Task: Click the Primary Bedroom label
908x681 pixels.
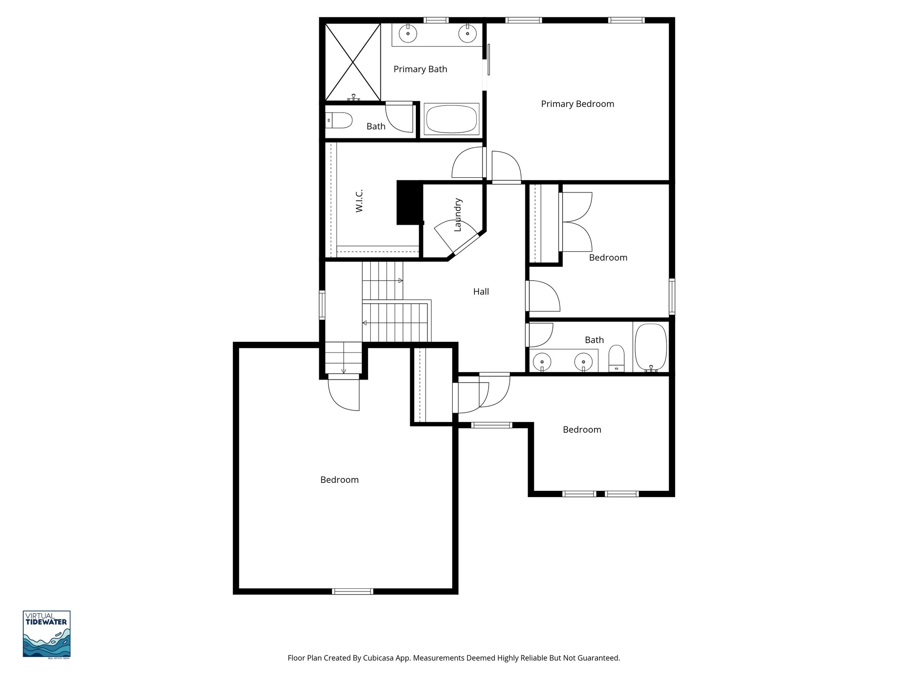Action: (577, 104)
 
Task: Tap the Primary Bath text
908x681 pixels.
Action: (420, 69)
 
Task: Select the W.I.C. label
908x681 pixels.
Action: (359, 200)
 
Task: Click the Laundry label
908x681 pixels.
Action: (458, 215)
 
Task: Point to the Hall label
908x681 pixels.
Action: (481, 292)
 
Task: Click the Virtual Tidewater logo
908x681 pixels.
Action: (47, 634)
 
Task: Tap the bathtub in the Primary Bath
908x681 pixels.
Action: (451, 119)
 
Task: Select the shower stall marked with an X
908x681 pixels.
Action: (353, 62)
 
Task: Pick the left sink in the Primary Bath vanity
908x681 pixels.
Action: (408, 33)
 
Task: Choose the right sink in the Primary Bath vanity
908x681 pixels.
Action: (467, 33)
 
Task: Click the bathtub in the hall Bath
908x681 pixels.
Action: (650, 347)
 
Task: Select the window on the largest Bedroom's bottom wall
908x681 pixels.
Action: (352, 591)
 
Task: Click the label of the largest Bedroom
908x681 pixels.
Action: (339, 480)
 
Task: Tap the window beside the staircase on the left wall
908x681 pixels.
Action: (322, 305)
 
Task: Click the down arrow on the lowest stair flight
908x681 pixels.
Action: (343, 371)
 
